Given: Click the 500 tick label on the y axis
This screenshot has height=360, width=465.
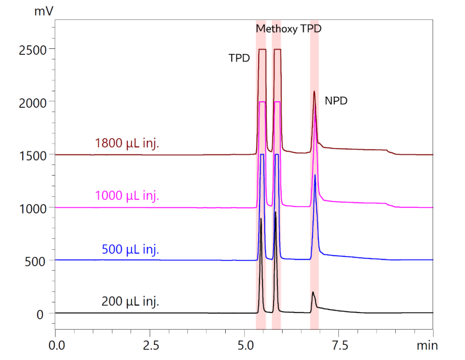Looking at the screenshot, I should pos(37,261).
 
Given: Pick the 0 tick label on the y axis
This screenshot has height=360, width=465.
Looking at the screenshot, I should pos(43,314).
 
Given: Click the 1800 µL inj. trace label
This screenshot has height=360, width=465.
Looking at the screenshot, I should pos(127,144).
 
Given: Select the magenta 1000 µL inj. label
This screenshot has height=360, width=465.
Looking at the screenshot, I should pos(127,195).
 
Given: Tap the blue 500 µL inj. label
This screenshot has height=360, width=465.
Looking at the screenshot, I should pos(131,249).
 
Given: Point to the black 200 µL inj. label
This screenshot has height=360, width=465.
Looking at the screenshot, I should pos(131,301).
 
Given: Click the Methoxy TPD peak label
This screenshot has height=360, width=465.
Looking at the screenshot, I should pos(289,29).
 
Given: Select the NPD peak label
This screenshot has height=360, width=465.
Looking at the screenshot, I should pos(336,101).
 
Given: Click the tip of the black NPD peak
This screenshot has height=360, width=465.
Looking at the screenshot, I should pos(312,292).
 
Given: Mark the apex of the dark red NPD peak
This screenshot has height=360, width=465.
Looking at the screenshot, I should pos(314,91).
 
